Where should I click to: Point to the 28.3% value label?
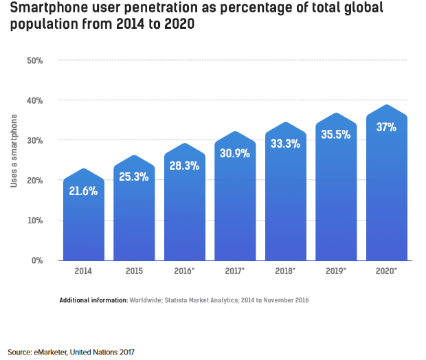(x=185, y=166)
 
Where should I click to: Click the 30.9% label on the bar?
(x=235, y=155)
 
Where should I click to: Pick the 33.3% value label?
(x=286, y=144)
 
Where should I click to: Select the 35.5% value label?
(x=336, y=135)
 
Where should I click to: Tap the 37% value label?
(x=387, y=127)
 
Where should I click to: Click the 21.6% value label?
(x=83, y=191)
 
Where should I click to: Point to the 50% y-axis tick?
(x=35, y=60)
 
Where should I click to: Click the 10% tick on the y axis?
(x=35, y=221)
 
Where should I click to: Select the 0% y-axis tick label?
(x=37, y=260)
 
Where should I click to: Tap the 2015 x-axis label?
(x=134, y=271)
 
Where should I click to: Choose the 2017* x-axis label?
(x=235, y=271)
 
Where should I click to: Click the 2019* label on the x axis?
(x=336, y=271)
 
